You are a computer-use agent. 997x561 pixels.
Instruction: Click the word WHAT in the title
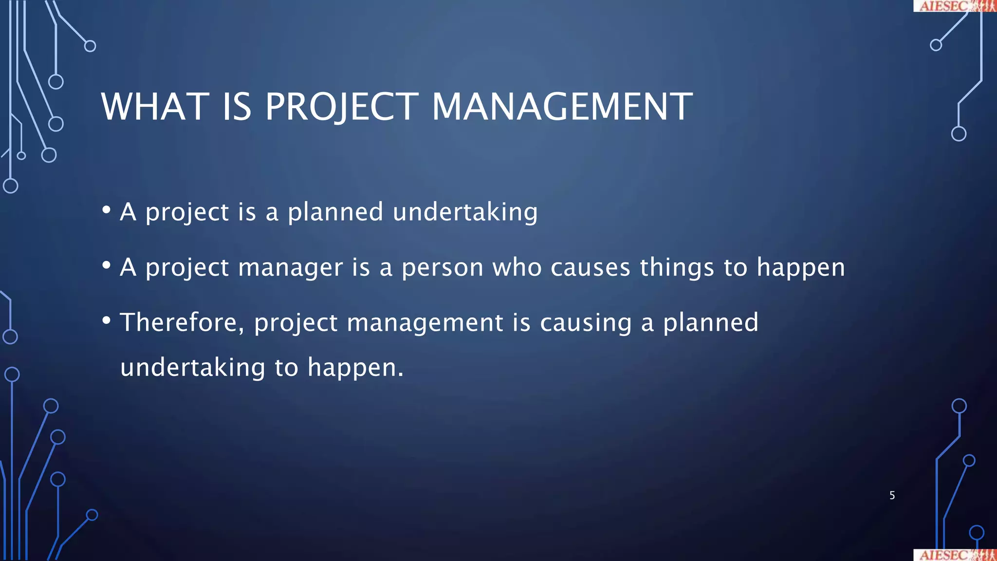click(155, 107)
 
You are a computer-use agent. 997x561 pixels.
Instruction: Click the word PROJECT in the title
click(341, 107)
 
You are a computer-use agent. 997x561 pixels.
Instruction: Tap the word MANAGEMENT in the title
click(562, 107)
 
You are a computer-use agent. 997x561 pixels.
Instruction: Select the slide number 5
click(892, 495)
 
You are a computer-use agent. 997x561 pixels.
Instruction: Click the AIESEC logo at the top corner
click(954, 6)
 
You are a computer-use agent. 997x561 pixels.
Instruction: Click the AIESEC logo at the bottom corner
click(954, 555)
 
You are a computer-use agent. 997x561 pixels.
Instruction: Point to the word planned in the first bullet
click(335, 212)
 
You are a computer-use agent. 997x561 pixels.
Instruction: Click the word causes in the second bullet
click(590, 268)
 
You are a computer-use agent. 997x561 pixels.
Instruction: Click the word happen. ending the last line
click(355, 368)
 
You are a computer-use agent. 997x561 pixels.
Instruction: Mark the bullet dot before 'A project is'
click(107, 210)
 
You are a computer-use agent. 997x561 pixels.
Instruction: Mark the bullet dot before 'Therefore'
click(107, 320)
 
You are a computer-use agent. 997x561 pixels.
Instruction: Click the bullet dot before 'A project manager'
click(107, 265)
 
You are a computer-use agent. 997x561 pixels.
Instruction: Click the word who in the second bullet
click(517, 268)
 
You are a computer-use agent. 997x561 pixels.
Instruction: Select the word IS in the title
click(237, 107)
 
